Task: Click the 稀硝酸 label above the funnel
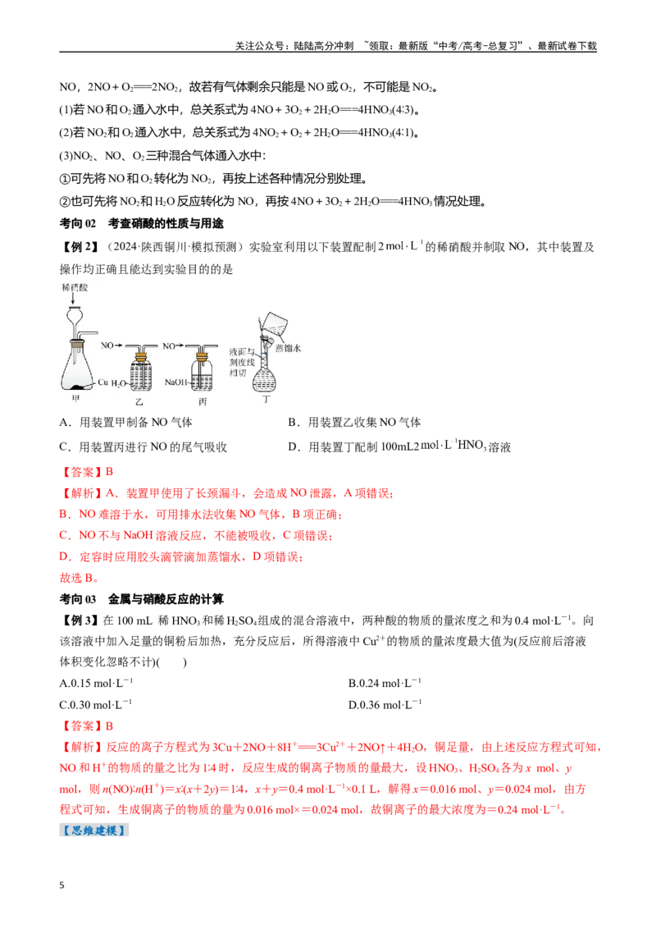[x=75, y=287]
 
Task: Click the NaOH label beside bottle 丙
[x=175, y=382]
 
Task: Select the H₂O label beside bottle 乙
[x=117, y=383]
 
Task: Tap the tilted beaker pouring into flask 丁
[x=274, y=325]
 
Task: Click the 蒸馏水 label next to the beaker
[x=288, y=348]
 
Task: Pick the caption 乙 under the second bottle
[x=139, y=402]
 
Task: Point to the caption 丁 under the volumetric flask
[x=266, y=400]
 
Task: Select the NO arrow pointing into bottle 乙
[x=112, y=345]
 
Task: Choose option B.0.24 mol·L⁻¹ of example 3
[x=385, y=683]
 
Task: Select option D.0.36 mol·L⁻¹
[x=385, y=704]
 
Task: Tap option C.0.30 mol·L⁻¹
[x=96, y=704]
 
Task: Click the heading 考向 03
[x=78, y=599]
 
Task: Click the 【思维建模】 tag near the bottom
[x=94, y=830]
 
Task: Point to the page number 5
[x=62, y=886]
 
